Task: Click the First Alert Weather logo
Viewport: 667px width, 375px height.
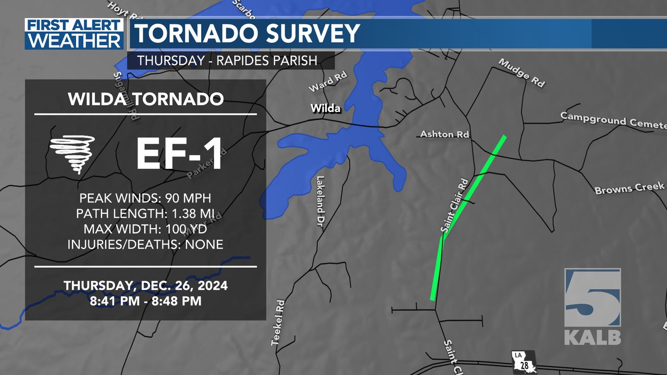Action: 74,34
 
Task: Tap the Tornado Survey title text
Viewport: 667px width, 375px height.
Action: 248,34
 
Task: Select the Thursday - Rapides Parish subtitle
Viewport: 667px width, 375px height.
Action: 227,60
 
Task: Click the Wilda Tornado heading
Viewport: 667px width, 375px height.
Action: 146,99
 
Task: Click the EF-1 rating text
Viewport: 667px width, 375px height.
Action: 180,155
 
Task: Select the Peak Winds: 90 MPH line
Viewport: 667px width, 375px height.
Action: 145,198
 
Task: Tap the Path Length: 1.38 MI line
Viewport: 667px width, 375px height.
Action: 145,214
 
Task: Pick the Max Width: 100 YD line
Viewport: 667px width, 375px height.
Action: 145,229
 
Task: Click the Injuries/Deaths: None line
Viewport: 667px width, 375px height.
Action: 145,244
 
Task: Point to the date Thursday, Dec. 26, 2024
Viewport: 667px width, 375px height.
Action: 145,286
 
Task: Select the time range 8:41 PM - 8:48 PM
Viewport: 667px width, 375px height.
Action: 145,301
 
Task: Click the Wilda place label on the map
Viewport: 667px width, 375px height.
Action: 325,108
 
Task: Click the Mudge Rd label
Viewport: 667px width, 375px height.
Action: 522,72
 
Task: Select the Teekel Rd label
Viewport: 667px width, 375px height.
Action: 278,322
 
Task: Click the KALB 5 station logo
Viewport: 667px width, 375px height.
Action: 592,307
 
